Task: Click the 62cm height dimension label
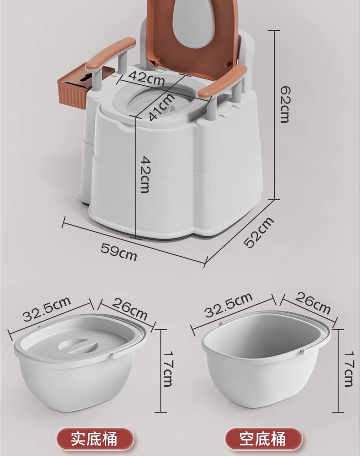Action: click(x=285, y=104)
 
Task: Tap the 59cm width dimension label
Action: click(x=118, y=252)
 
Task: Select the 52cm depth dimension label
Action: click(x=258, y=232)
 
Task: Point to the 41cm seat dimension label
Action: click(x=162, y=106)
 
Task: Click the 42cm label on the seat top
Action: click(x=146, y=78)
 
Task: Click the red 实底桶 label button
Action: click(x=95, y=439)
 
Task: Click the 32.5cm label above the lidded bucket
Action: click(x=47, y=309)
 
